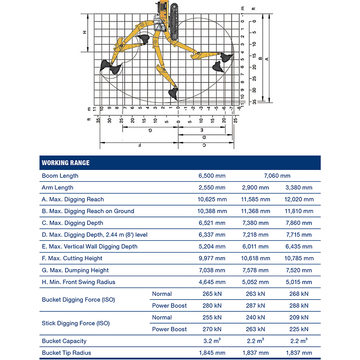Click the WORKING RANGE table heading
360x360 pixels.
[66, 163]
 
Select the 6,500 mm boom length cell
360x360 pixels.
[212, 176]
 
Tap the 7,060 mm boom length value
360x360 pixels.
[277, 176]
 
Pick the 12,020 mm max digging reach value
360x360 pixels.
[299, 199]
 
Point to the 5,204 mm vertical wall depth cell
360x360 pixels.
[212, 247]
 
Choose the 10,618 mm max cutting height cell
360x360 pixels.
[255, 258]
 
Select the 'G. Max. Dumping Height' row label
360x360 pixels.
[75, 270]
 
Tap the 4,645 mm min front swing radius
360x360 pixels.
[212, 282]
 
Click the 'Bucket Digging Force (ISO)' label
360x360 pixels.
[78, 300]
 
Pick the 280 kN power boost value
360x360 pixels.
[212, 306]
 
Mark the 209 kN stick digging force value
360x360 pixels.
[299, 318]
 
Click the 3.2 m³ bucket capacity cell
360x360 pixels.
[212, 341]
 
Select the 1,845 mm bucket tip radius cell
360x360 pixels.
[212, 353]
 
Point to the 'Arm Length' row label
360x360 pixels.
[58, 188]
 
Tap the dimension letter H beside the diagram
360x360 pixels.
[85, 32]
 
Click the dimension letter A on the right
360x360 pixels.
[266, 59]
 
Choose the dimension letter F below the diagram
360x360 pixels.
[139, 145]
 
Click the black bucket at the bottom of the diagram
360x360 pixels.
[173, 94]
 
